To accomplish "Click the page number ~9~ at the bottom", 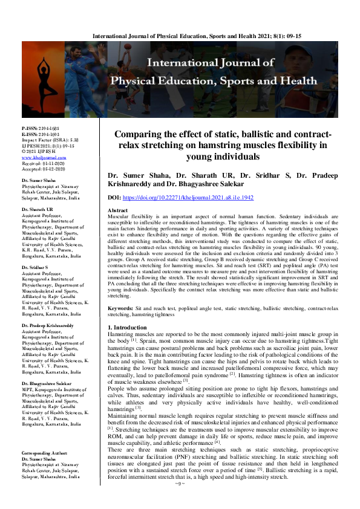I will tap(179, 501).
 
